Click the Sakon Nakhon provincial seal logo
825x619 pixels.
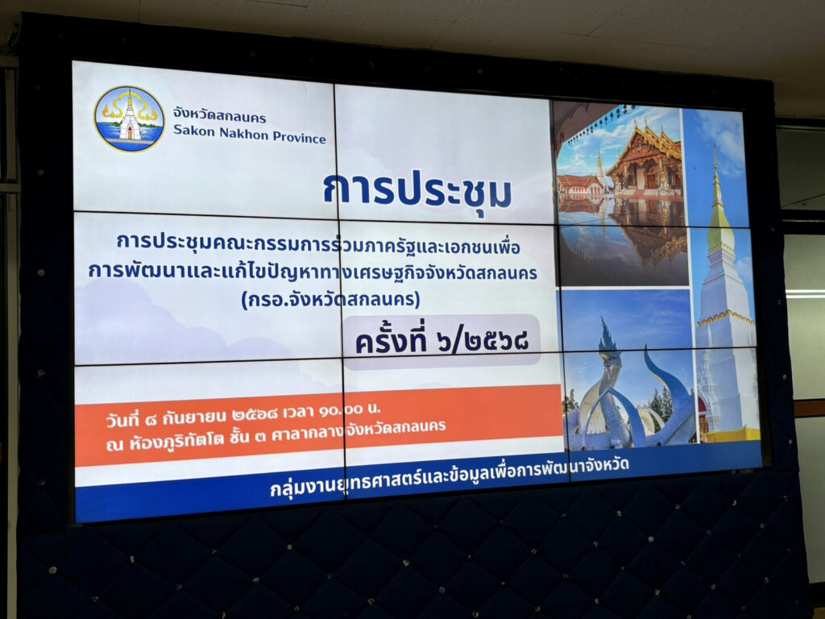[129, 119]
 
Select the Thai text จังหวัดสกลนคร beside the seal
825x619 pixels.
[219, 115]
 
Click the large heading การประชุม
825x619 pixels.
[417, 190]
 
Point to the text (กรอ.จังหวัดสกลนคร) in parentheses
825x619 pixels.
[330, 300]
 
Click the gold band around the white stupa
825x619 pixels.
[725, 318]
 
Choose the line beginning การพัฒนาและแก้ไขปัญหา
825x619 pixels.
[313, 272]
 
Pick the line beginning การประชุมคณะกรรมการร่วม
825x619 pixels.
[318, 243]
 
